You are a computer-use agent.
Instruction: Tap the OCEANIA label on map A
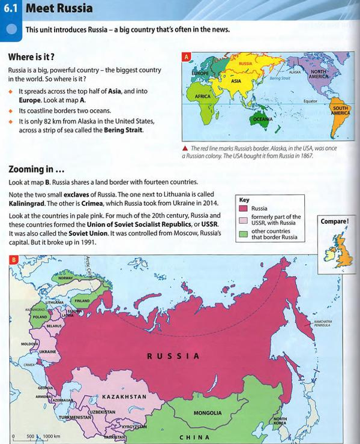[x=262, y=119]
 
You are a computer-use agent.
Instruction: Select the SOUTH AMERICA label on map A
[x=340, y=110]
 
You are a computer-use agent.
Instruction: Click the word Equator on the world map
[x=310, y=101]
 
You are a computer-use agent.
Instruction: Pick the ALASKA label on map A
[x=295, y=72]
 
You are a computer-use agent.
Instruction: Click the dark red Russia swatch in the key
[x=243, y=208]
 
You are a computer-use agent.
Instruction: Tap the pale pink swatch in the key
[x=243, y=220]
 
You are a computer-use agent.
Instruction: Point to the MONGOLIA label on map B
[x=207, y=413]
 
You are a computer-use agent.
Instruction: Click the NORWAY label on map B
[x=65, y=278]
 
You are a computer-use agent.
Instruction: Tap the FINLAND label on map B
[x=82, y=301]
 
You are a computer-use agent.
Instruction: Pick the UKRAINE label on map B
[x=47, y=352]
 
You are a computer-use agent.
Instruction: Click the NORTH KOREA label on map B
[x=280, y=421]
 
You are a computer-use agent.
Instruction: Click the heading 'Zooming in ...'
[x=41, y=169]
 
